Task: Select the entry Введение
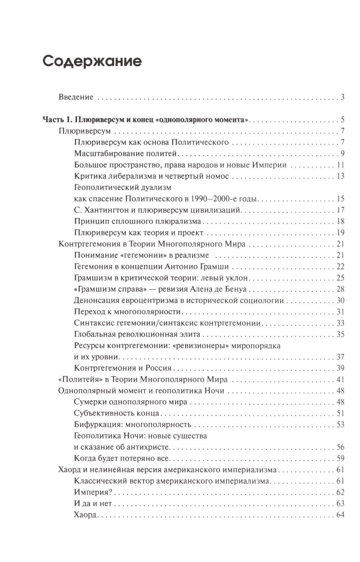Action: coord(76,97)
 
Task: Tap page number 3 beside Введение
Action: coord(343,97)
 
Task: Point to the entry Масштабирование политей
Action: coord(126,153)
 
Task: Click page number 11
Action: coord(341,165)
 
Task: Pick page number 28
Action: coord(340,289)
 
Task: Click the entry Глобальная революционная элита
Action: coord(137,334)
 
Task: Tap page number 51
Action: coord(340,413)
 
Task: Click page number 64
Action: coord(340,514)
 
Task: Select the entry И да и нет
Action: coord(93,503)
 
